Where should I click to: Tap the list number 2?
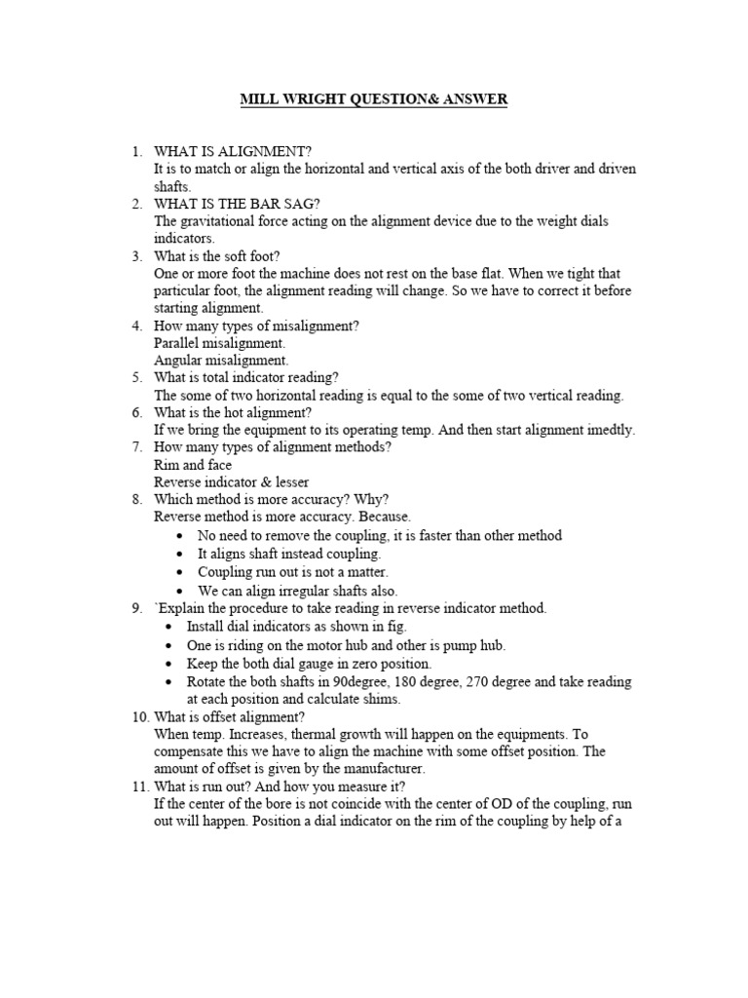tap(137, 204)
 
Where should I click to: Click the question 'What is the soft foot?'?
tap(217, 256)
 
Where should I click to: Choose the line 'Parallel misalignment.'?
tap(220, 343)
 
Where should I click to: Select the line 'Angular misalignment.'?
tap(221, 361)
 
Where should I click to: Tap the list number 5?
tap(137, 378)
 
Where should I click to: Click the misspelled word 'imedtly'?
tap(611, 430)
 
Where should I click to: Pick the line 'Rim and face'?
tap(193, 465)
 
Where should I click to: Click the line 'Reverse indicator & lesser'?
tap(232, 482)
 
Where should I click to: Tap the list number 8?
tap(137, 500)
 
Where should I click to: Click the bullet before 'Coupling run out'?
tap(182, 573)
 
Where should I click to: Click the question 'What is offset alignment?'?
tap(230, 716)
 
